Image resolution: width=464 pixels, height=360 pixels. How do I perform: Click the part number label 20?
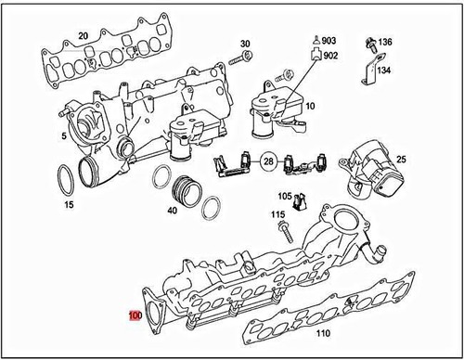click(83, 36)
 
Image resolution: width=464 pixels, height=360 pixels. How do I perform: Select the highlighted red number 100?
click(135, 315)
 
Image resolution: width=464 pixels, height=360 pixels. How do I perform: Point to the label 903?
click(331, 41)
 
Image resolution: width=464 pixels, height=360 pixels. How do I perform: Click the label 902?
click(331, 56)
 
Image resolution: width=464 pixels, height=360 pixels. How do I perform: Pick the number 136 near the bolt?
click(384, 43)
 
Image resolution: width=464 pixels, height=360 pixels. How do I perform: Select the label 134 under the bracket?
click(384, 69)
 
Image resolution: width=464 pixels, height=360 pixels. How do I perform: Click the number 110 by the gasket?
click(323, 333)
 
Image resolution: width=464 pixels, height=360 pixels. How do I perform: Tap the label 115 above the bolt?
click(277, 215)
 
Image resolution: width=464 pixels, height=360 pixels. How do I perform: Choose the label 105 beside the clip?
click(285, 197)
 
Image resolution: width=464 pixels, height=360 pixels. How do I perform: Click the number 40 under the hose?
click(172, 211)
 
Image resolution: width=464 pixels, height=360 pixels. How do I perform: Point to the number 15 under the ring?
click(68, 203)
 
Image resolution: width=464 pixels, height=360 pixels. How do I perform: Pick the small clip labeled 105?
click(300, 201)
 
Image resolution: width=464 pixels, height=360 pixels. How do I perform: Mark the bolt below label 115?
click(277, 232)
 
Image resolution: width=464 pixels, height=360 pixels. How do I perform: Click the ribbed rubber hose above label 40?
click(187, 190)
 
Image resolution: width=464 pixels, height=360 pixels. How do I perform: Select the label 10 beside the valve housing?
click(309, 107)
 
